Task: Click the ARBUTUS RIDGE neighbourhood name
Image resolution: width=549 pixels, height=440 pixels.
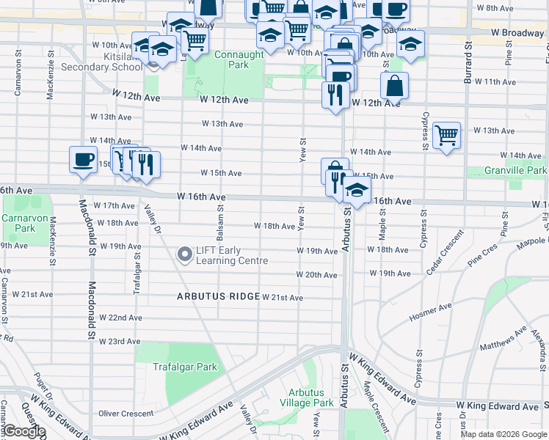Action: pyautogui.click(x=217, y=297)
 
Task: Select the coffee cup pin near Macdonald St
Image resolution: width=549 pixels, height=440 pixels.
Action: pyautogui.click(x=82, y=159)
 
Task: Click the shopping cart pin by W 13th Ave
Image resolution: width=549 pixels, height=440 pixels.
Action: pyautogui.click(x=446, y=136)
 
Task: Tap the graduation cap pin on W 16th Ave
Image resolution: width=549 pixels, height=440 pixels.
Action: pyautogui.click(x=357, y=191)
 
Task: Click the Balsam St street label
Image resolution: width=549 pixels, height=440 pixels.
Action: pyautogui.click(x=219, y=221)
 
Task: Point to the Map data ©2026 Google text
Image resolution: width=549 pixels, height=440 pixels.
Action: pyautogui.click(x=503, y=434)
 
